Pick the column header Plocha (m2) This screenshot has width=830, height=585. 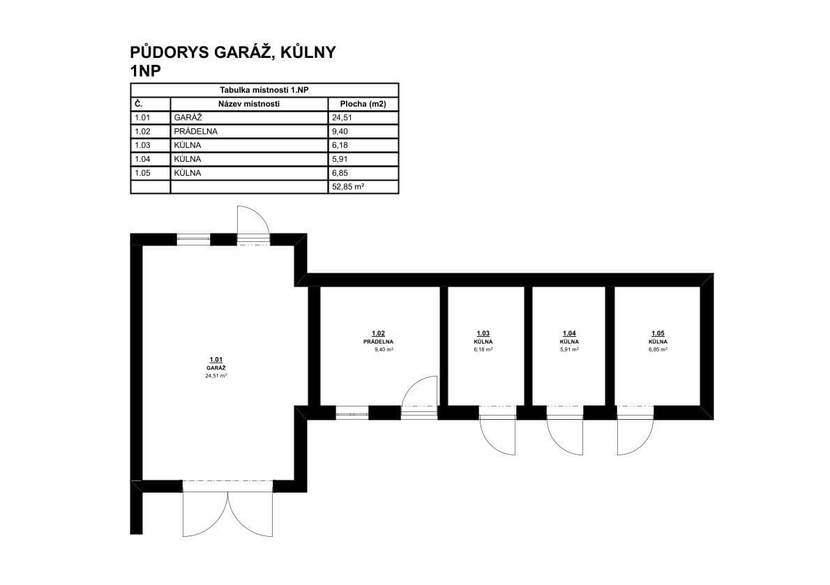click(x=363, y=104)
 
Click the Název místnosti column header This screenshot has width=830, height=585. click(x=249, y=104)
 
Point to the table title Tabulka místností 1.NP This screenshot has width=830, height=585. click(x=264, y=90)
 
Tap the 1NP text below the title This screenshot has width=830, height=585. click(x=146, y=70)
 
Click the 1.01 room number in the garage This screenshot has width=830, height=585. click(x=216, y=360)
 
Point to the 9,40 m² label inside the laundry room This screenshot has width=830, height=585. click(x=384, y=349)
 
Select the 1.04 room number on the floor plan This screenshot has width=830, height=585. click(x=568, y=334)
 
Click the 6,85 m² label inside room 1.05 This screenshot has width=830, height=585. click(x=658, y=349)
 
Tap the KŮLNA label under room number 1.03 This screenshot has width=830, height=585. click(x=483, y=342)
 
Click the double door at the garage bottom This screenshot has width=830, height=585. click(x=227, y=512)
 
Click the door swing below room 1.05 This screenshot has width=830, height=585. click(x=635, y=436)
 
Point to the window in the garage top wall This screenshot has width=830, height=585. click(x=193, y=239)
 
